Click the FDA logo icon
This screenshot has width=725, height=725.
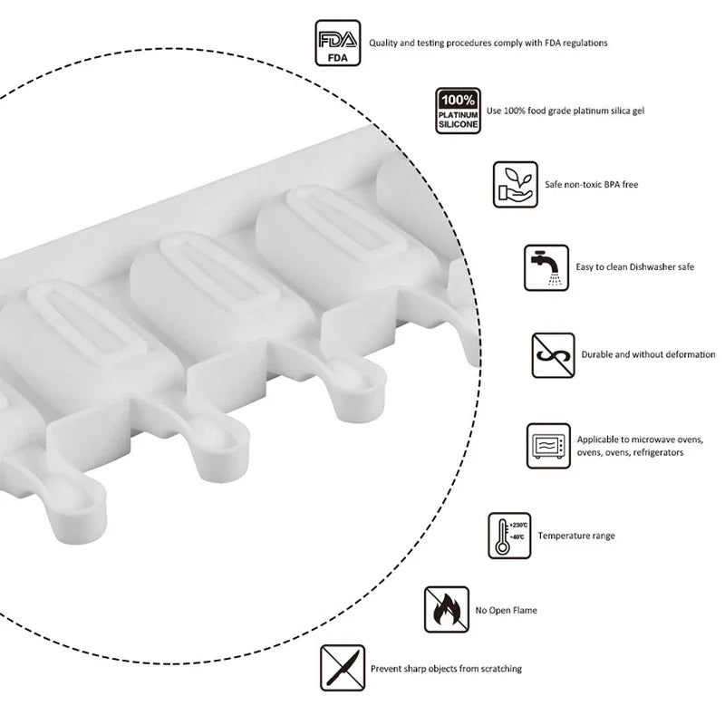pos(337,43)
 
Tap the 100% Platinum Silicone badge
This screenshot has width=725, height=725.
pos(458,111)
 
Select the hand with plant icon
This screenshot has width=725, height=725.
pos(515,185)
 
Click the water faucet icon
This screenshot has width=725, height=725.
pos(546,267)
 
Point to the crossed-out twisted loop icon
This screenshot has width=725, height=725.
pos(553,355)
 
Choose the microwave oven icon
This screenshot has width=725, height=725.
pos(548,446)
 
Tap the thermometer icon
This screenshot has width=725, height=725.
pos(509,536)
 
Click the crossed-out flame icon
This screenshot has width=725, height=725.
pos(446,609)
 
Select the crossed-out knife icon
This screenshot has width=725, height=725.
pos(343,668)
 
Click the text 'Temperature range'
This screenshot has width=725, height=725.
pos(576,536)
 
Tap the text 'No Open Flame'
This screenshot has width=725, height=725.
pos(507,610)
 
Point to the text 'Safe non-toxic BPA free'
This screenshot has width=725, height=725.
pos(592,185)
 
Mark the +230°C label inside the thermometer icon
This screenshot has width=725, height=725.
pos(518,526)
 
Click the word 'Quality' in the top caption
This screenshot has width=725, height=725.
pos(382,43)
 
